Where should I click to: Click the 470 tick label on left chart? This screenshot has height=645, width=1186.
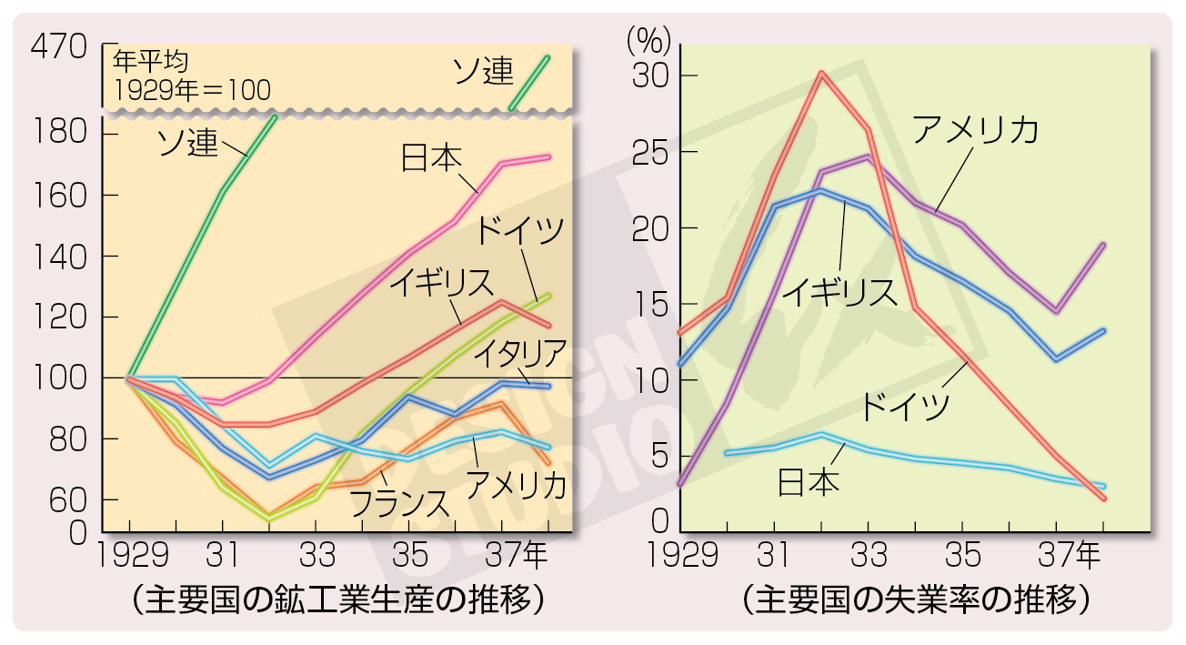[x=60, y=45]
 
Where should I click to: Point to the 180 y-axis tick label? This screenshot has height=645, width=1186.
[x=63, y=134]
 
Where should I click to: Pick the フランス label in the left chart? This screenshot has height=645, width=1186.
[x=398, y=502]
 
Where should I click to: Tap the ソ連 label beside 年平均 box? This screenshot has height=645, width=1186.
[x=482, y=71]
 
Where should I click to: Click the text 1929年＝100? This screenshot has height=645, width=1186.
[x=192, y=90]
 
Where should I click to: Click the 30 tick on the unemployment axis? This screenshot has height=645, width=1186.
[x=649, y=76]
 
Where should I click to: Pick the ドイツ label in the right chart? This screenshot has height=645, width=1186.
[x=904, y=405]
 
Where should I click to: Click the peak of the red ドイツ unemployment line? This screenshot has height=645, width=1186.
[x=821, y=72]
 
